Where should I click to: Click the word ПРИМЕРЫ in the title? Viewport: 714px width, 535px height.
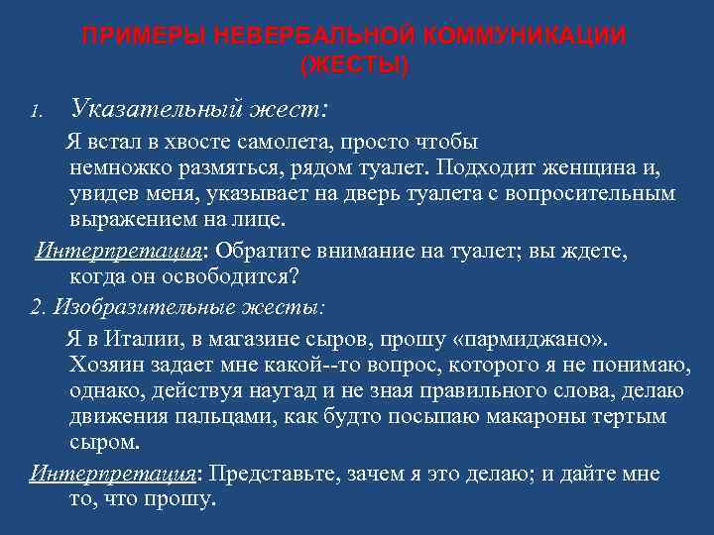pos(131,38)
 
